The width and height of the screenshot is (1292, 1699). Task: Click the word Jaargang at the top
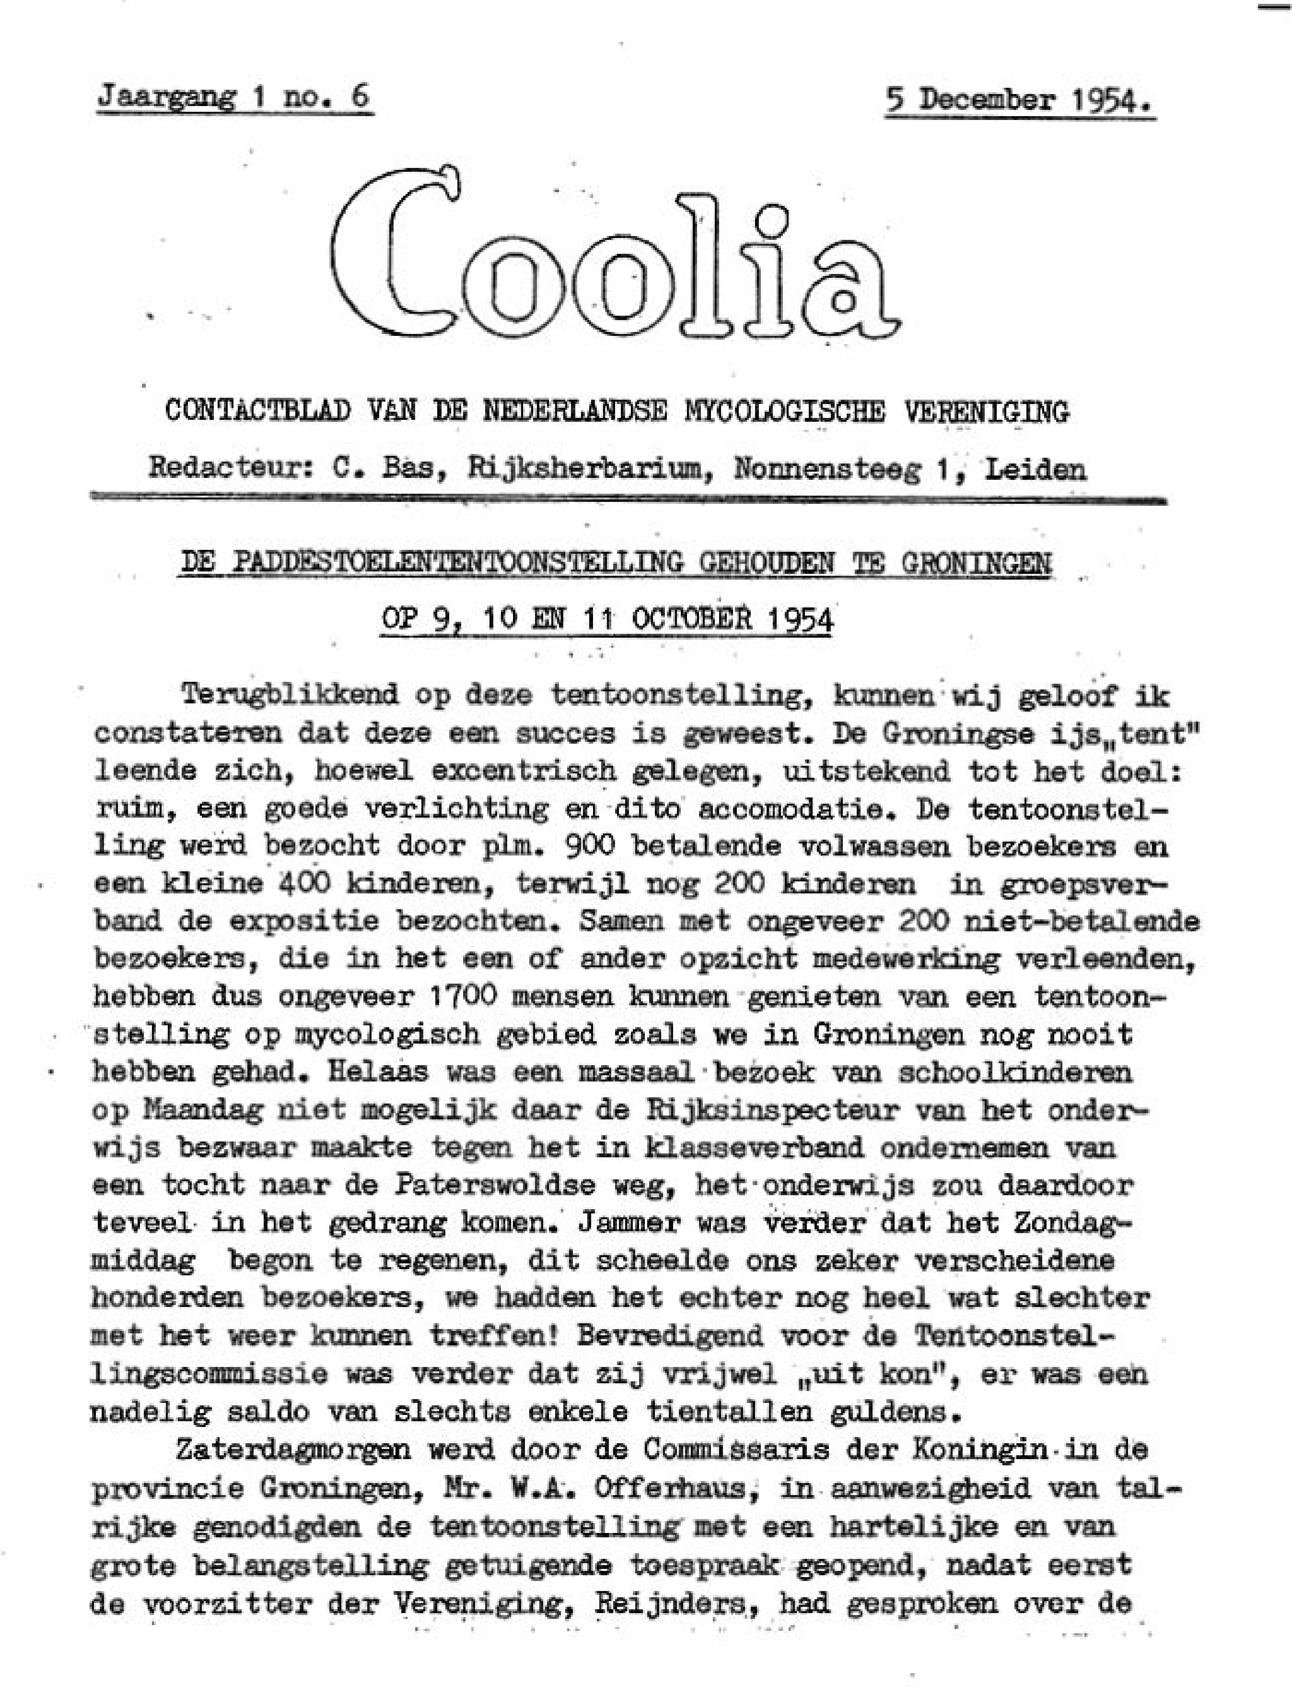pos(166,98)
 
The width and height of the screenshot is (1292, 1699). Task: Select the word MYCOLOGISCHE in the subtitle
pos(783,413)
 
